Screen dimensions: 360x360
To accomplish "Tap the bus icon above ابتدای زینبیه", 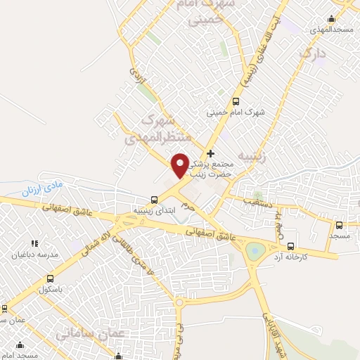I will (x=155, y=199).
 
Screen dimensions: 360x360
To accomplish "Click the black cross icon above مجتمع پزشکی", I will (x=210, y=153).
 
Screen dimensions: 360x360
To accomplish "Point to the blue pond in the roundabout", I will (x=254, y=249).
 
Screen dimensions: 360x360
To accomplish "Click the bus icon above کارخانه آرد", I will (x=290, y=246).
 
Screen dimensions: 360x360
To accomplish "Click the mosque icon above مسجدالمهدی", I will (x=331, y=18).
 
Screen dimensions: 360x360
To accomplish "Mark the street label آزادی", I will (x=139, y=81).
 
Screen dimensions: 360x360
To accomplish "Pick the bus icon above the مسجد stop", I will (x=340, y=225).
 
